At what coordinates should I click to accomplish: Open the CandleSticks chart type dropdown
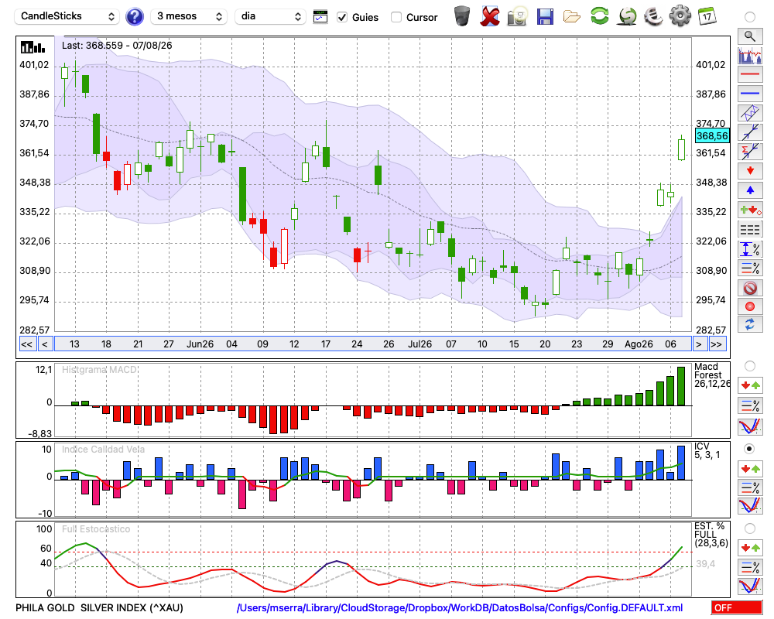(x=67, y=16)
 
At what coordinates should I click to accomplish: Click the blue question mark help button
(x=134, y=16)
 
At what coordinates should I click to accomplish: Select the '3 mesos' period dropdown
(x=189, y=16)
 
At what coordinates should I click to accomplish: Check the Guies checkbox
(x=342, y=17)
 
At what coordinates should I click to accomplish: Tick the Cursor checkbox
(x=396, y=17)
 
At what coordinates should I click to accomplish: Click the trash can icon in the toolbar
(x=462, y=16)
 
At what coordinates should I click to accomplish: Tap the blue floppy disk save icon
(x=545, y=16)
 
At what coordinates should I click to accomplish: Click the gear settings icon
(x=680, y=16)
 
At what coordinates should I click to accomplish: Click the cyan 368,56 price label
(x=712, y=135)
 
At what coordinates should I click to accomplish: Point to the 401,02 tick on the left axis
(x=34, y=65)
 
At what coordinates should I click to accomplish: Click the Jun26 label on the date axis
(x=200, y=344)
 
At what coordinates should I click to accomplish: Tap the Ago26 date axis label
(x=639, y=344)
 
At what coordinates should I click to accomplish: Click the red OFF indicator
(x=737, y=607)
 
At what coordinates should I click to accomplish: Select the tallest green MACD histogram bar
(x=681, y=386)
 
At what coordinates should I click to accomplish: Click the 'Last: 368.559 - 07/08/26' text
(x=117, y=46)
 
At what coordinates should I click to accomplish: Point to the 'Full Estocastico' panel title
(x=96, y=528)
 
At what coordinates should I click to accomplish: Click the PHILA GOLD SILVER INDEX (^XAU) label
(x=99, y=607)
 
